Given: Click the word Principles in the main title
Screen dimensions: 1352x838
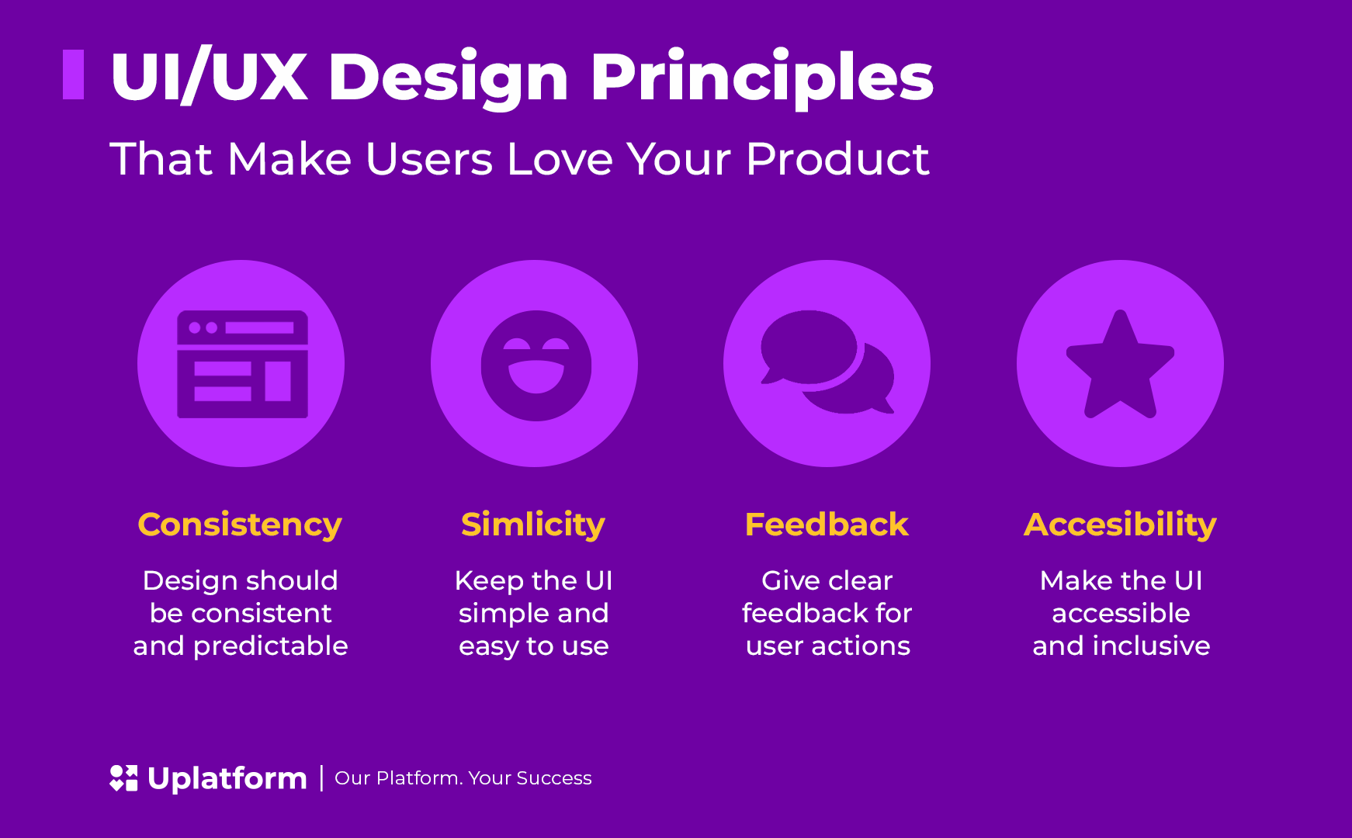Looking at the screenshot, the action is click(x=761, y=77).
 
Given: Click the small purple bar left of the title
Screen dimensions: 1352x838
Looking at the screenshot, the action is click(x=73, y=74).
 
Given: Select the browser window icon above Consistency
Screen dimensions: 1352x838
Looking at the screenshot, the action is click(x=242, y=364).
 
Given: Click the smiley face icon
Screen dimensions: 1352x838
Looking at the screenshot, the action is click(x=536, y=366).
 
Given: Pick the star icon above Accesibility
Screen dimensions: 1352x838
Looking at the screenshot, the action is click(x=1120, y=364).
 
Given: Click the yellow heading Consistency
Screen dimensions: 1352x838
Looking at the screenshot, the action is click(x=240, y=525).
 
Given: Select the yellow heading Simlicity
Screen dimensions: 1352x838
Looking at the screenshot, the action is click(x=533, y=525).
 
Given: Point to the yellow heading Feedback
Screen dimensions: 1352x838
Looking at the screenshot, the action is click(x=827, y=525).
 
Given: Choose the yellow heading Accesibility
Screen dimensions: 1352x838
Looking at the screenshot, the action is click(x=1120, y=525).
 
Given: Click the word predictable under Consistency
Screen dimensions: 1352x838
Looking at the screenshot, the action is click(x=271, y=646).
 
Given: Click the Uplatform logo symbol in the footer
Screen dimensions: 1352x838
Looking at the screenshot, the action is click(x=123, y=778).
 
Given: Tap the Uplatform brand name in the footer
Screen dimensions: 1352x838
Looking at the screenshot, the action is click(x=227, y=778).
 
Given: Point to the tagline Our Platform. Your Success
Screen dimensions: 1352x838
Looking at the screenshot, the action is click(x=463, y=778).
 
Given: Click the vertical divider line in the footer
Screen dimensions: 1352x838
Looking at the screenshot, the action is click(x=321, y=778).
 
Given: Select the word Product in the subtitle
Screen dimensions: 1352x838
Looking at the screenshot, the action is click(x=837, y=159).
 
